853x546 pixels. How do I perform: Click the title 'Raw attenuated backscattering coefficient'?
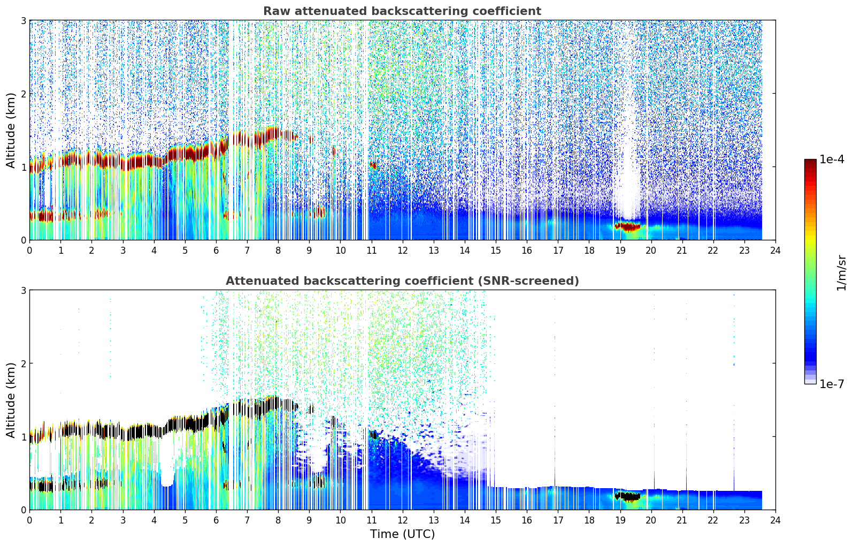pos(402,11)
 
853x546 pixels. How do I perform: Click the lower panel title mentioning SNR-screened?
pos(402,281)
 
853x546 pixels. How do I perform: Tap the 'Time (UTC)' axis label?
pos(402,534)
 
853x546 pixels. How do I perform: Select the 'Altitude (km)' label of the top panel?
pos(11,130)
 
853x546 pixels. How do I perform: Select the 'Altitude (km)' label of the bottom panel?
pos(11,400)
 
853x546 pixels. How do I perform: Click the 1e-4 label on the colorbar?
pos(832,160)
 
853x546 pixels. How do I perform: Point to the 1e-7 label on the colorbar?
pos(832,384)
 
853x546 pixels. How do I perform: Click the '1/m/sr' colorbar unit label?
pos(841,272)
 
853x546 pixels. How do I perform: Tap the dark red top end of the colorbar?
pos(810,162)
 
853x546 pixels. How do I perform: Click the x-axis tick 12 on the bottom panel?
pos(402,520)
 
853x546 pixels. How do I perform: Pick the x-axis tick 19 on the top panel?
pos(620,251)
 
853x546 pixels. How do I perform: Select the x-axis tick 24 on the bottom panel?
pos(775,520)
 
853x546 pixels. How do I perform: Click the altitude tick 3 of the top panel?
pos(24,21)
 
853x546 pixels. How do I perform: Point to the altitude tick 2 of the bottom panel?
pos(24,363)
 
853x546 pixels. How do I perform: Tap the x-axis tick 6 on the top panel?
pos(216,251)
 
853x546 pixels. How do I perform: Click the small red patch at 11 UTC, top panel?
pos(373,165)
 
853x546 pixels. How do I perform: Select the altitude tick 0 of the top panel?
pos(24,240)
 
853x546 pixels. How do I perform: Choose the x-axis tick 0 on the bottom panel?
pos(29,520)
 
